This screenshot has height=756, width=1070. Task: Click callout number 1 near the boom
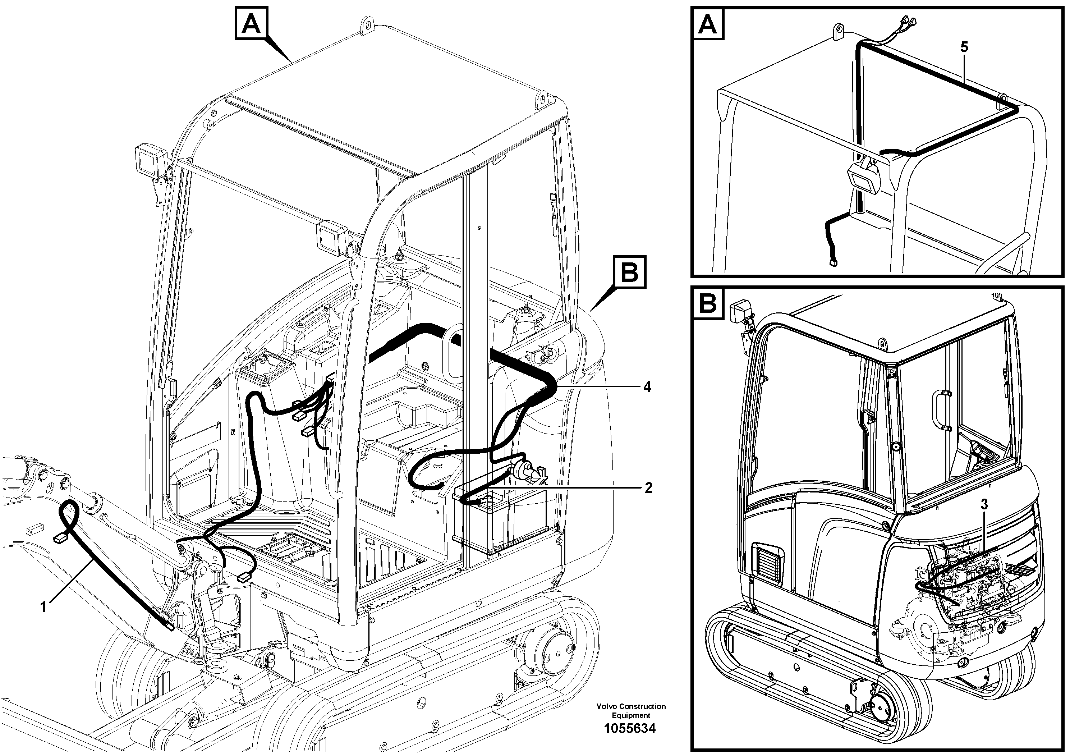click(43, 607)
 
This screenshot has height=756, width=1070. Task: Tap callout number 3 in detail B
click(984, 504)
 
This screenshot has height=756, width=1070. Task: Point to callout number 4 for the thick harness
click(647, 387)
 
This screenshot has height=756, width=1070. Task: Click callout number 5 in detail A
click(964, 47)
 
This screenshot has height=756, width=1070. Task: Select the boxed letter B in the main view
click(630, 272)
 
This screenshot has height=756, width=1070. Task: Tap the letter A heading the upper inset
click(708, 24)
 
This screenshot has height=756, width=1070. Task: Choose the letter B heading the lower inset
click(708, 303)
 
